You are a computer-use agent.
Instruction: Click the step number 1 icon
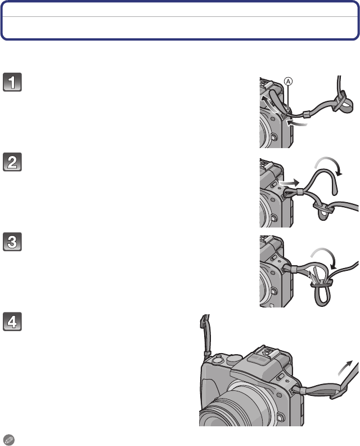[x=12, y=82]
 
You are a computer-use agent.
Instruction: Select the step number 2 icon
[x=12, y=162]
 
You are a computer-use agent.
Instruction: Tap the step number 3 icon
[x=12, y=242]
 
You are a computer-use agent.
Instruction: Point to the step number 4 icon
[x=12, y=322]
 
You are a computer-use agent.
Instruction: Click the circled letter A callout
[x=288, y=82]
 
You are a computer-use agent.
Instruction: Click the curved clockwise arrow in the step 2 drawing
[x=330, y=159]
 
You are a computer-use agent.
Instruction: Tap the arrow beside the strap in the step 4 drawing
[x=345, y=369]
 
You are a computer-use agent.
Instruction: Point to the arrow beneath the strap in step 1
[x=297, y=123]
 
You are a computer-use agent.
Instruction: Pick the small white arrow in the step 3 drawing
[x=312, y=276]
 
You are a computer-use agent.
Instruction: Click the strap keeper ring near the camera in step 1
[x=306, y=114]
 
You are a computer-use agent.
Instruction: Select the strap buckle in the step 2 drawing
[x=323, y=208]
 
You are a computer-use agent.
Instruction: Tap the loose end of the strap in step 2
[x=335, y=190]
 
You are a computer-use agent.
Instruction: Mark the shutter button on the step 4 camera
[x=218, y=359]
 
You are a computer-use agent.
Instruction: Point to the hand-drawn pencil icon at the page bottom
[x=8, y=440]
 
